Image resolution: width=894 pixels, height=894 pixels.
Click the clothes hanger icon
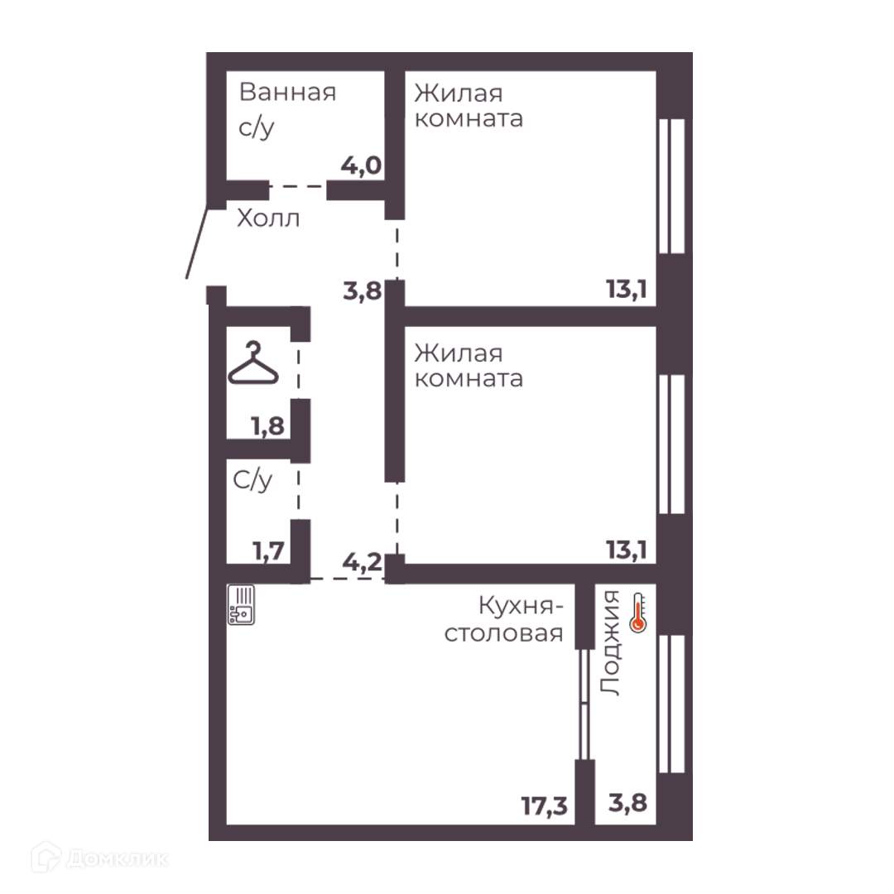[x=253, y=363]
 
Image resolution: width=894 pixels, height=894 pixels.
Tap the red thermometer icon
[x=638, y=613]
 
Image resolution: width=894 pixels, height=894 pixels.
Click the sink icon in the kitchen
[x=241, y=605]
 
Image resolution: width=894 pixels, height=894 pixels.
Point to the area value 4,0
[x=361, y=166]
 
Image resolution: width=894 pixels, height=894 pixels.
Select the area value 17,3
[x=545, y=806]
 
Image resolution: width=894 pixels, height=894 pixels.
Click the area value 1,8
[x=268, y=426]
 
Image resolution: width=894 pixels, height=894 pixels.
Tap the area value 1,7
[x=268, y=550]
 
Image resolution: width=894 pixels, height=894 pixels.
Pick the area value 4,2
[x=362, y=562]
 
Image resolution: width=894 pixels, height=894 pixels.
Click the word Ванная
[x=287, y=93]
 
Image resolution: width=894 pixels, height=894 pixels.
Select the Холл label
[x=268, y=219]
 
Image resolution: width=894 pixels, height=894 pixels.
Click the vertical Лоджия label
[x=610, y=642]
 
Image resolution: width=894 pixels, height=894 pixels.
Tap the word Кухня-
[x=521, y=606]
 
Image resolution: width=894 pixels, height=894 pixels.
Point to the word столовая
[x=503, y=633]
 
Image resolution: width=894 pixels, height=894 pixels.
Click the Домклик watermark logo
[x=100, y=858]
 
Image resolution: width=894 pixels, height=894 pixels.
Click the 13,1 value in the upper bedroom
[x=626, y=290]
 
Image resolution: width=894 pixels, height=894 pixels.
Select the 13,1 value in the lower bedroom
[x=626, y=550]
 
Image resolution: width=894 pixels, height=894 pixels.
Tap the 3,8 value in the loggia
[x=627, y=803]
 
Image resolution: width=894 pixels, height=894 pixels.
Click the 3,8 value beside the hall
[x=362, y=291]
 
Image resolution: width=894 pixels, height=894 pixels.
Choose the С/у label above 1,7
[x=252, y=480]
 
